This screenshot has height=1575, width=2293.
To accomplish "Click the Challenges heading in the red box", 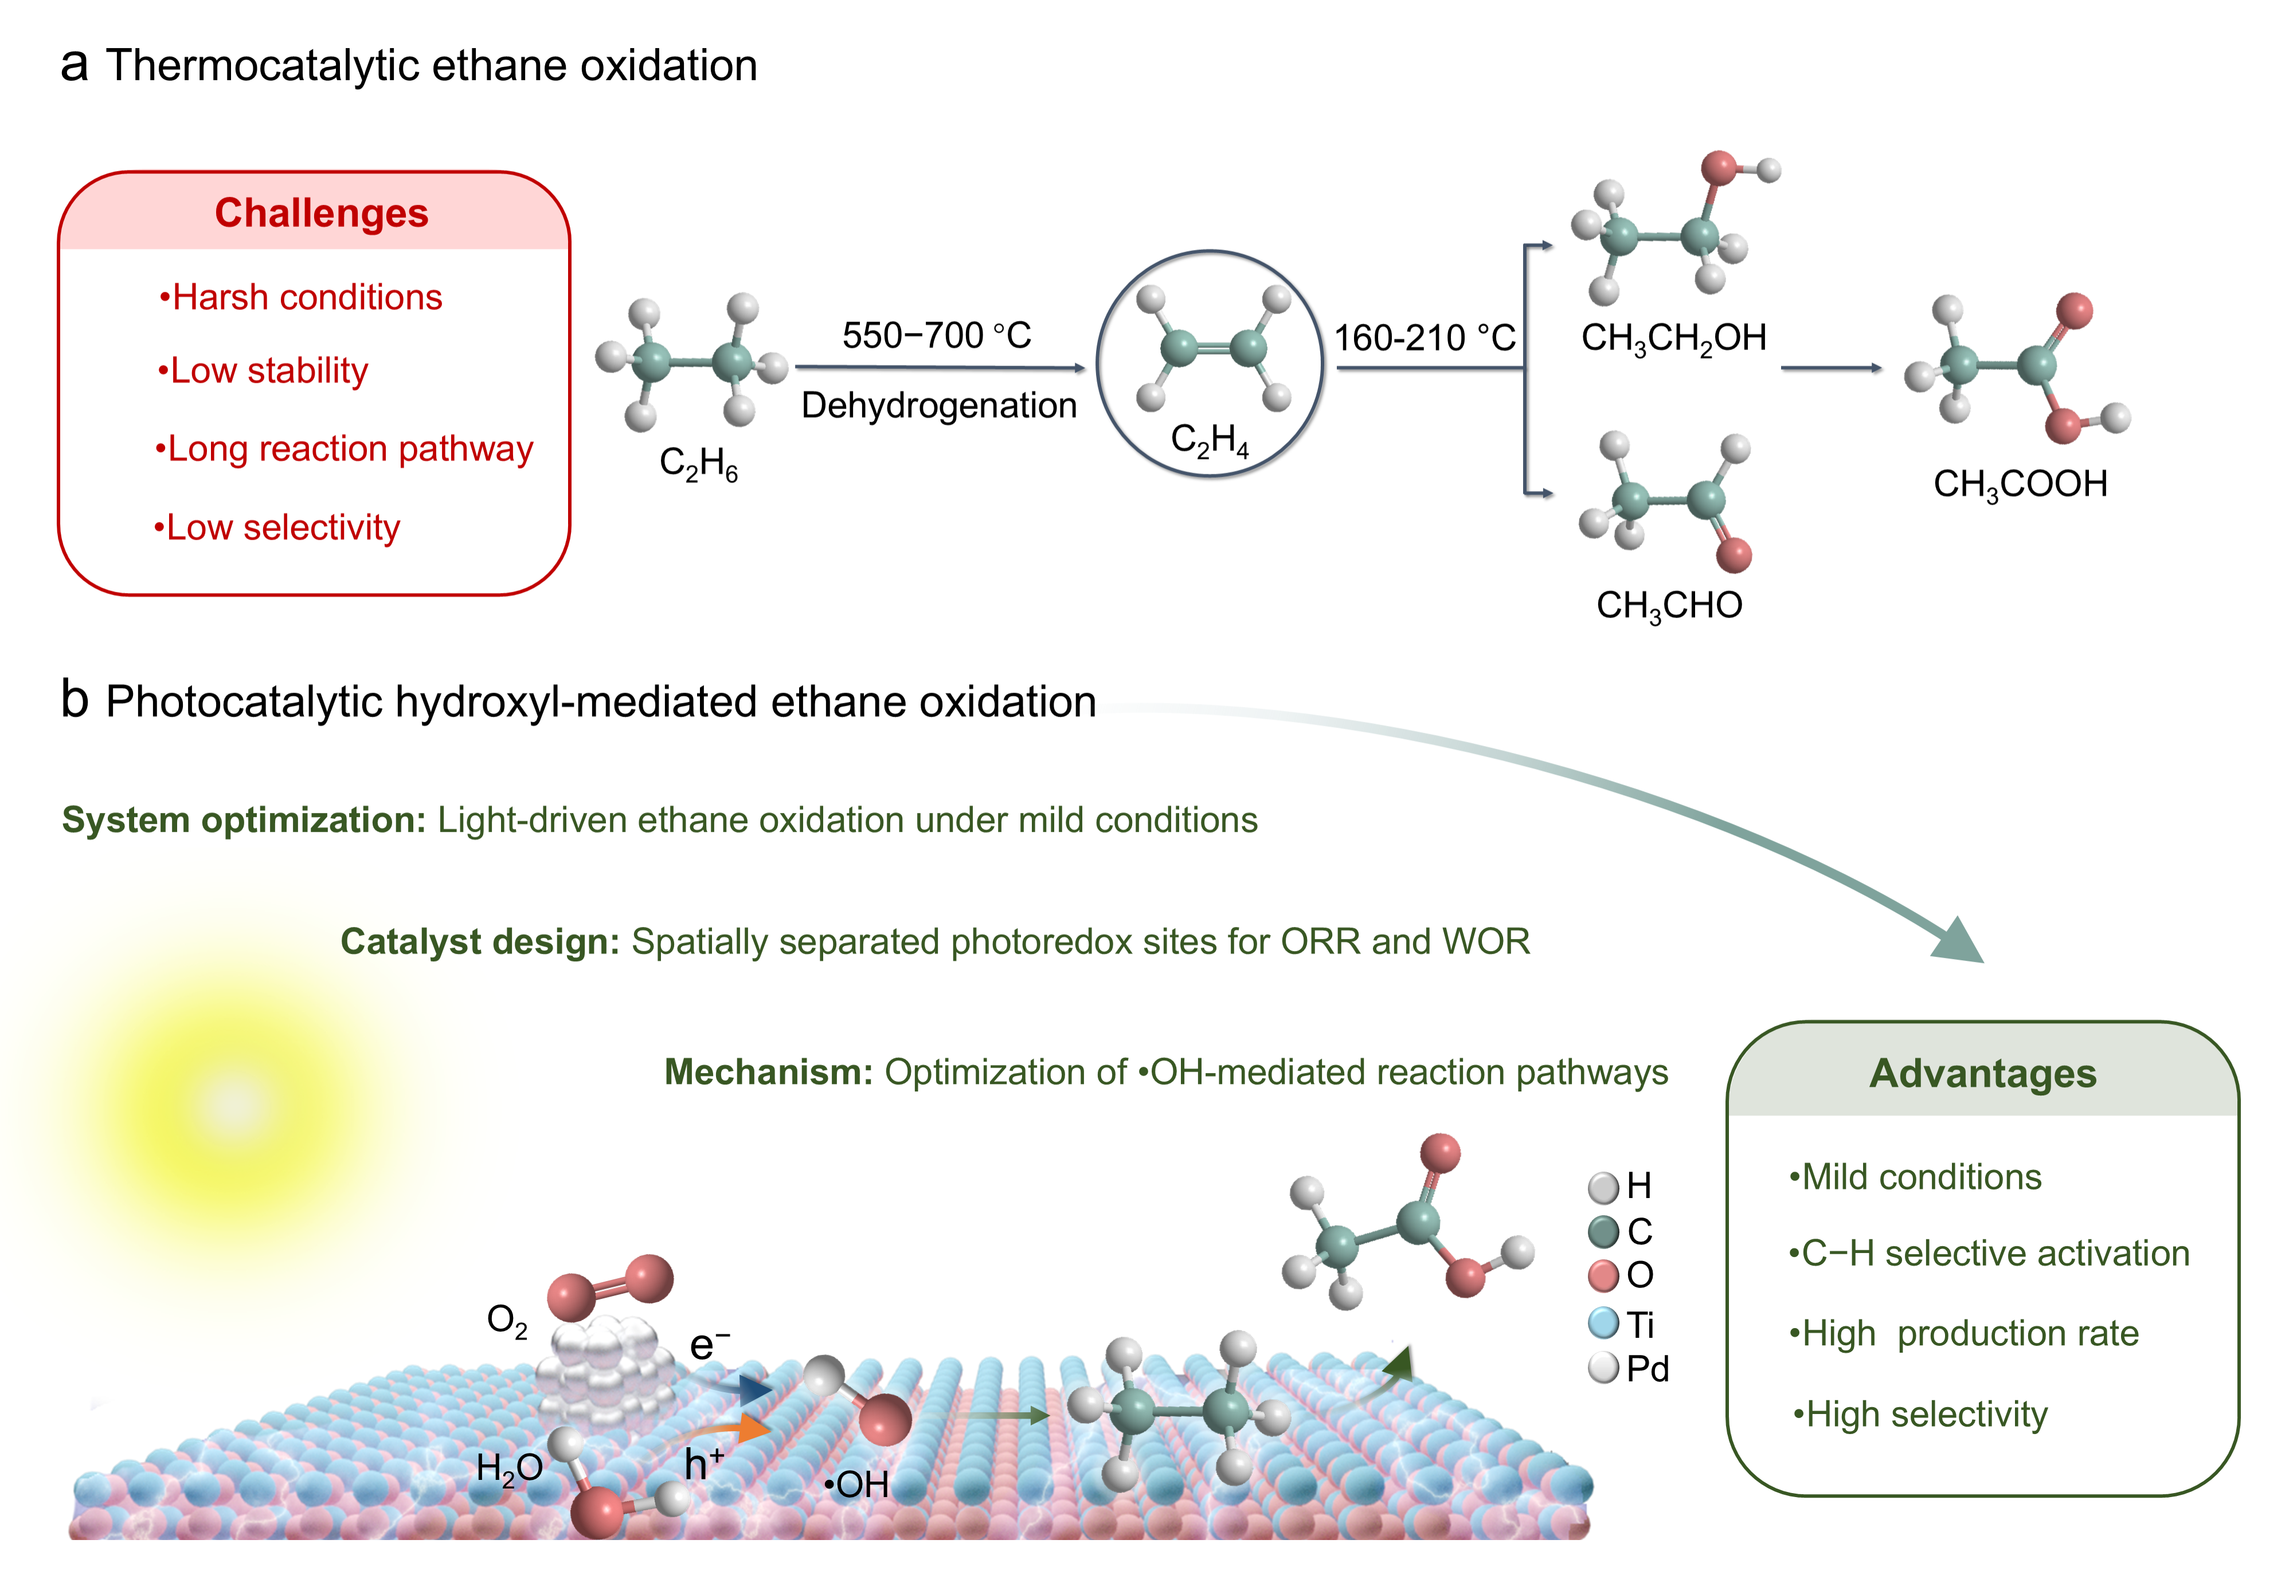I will tap(322, 213).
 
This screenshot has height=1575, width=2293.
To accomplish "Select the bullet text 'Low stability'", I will tap(264, 371).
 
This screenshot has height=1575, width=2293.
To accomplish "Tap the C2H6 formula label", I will tap(698, 463).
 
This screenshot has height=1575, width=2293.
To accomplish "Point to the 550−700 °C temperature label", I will tap(936, 336).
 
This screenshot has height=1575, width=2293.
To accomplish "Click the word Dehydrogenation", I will tap(938, 406).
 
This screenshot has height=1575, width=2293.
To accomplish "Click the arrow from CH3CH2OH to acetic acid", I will tap(1831, 368).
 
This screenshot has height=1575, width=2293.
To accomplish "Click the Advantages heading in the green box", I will tap(1982, 1074).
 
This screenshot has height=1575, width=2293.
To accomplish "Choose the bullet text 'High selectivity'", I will tap(1920, 1414).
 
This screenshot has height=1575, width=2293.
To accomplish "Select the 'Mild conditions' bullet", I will tap(1915, 1177).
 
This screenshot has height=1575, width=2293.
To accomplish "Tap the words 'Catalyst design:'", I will tap(480, 942).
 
